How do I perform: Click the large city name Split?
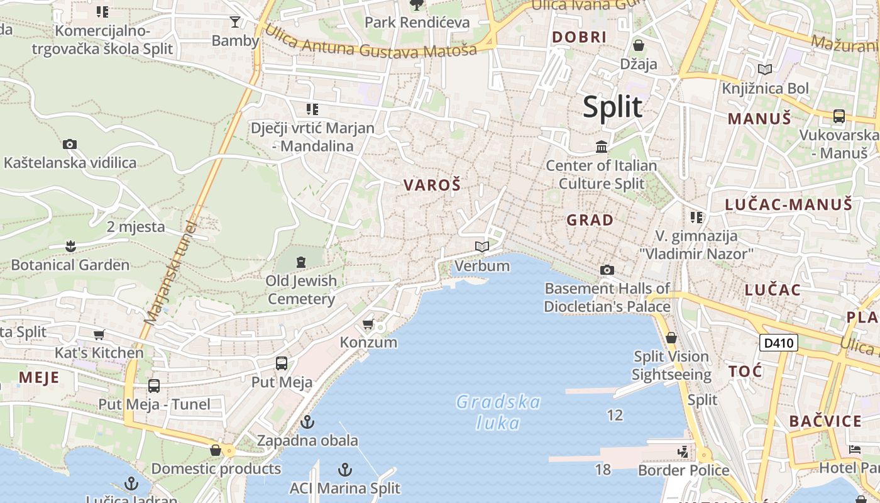point(612,107)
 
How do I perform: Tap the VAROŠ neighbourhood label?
point(432,185)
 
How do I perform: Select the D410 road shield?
point(779,343)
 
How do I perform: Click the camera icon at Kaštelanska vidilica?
point(70,145)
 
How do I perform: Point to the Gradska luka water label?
point(498,412)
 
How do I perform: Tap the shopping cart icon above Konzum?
point(368,324)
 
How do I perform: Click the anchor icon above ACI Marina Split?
point(344,470)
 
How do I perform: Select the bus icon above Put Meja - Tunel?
point(154,386)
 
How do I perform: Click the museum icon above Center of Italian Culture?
point(602,147)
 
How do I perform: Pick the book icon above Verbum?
point(481,247)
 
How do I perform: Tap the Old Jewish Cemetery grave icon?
point(300,262)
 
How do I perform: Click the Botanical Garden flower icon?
point(70,246)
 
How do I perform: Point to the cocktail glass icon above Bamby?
point(235,22)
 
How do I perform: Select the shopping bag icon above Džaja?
point(639,45)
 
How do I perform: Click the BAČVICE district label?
point(825,421)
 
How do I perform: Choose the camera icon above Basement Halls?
point(607,270)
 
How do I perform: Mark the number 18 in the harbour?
point(603,470)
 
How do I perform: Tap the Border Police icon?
point(683,451)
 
